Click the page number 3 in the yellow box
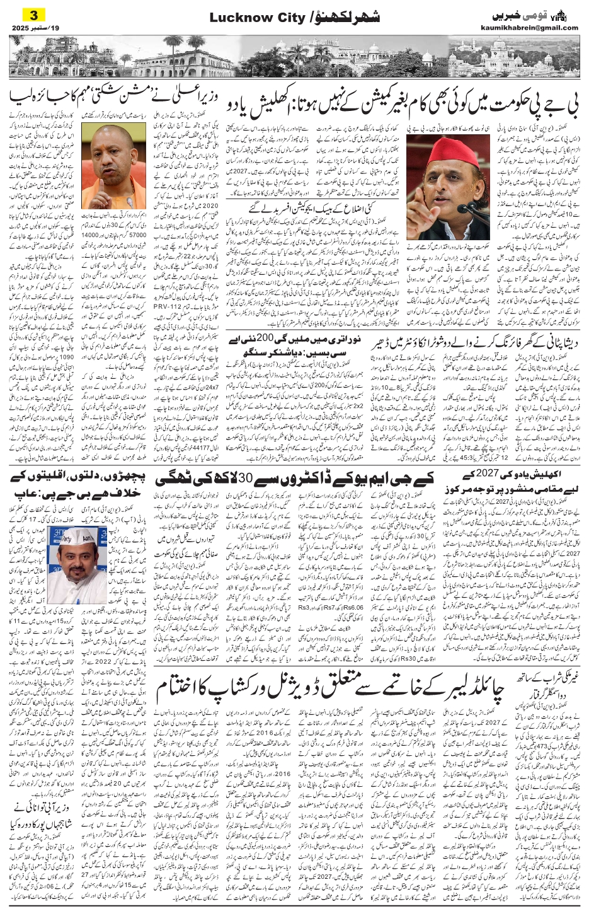[30, 14]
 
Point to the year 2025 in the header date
[21, 28]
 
